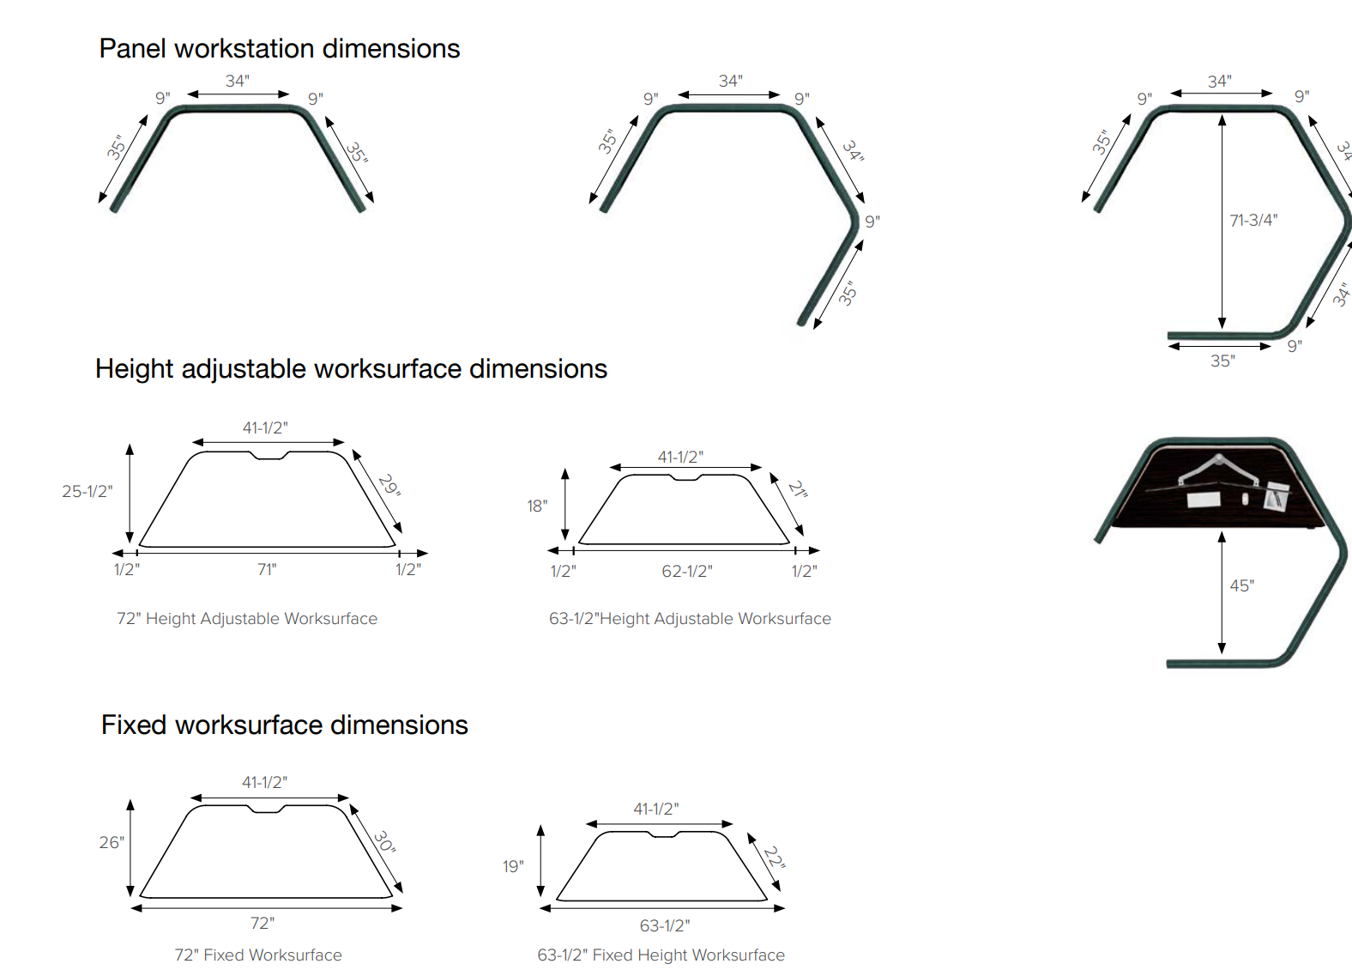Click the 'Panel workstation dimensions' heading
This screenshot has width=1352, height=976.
click(x=280, y=49)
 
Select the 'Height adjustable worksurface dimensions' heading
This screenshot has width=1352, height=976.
click(x=351, y=369)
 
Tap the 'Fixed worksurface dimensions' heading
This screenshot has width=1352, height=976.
click(x=284, y=724)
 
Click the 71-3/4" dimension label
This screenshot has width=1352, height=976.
click(x=1253, y=220)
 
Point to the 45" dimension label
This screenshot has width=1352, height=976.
click(x=1242, y=585)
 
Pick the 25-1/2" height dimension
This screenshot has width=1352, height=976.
click(x=88, y=491)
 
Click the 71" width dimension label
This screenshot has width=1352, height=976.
click(x=267, y=569)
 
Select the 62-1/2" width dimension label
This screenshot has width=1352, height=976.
click(x=687, y=571)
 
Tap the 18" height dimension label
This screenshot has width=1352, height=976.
click(x=537, y=506)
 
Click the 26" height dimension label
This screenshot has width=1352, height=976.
click(x=112, y=842)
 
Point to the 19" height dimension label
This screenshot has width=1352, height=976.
click(x=513, y=867)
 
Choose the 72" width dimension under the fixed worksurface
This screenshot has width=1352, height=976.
click(x=263, y=923)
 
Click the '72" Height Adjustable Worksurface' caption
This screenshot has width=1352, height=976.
click(x=247, y=618)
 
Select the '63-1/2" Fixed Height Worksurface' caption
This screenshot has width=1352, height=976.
click(x=661, y=955)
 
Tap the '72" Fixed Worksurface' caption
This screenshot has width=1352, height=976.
click(x=258, y=955)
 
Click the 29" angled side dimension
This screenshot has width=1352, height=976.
click(x=389, y=486)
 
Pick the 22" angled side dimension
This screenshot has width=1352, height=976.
click(x=775, y=857)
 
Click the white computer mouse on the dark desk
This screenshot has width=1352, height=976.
click(x=1245, y=499)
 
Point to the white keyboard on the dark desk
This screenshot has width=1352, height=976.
click(x=1204, y=500)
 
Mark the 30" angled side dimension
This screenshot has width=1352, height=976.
click(x=384, y=841)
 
